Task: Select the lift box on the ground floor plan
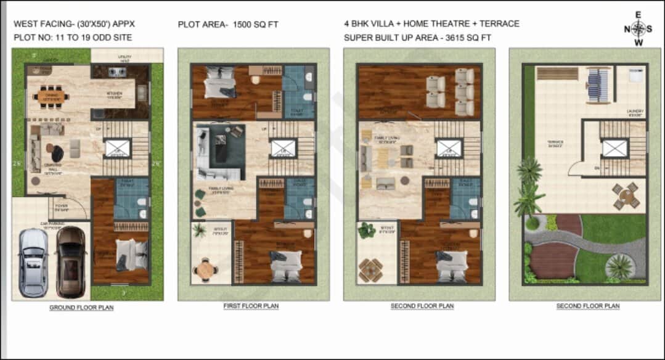click(x=117, y=149)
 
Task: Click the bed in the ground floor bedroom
click(x=132, y=254)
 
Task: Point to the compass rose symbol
click(x=639, y=28)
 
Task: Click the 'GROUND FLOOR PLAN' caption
click(x=81, y=307)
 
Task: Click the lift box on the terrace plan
click(x=614, y=148)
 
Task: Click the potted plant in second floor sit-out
click(x=367, y=230)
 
